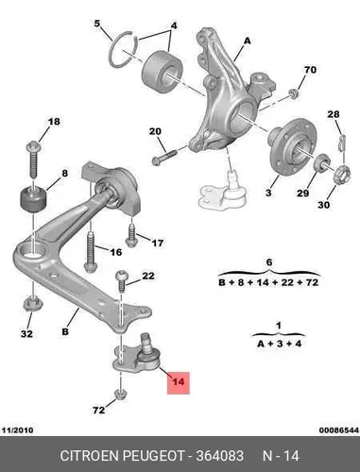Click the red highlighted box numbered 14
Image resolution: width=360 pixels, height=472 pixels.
pyautogui.click(x=179, y=382)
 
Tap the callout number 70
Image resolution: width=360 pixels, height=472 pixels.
pyautogui.click(x=310, y=70)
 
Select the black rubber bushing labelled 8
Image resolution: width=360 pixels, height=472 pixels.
pyautogui.click(x=33, y=199)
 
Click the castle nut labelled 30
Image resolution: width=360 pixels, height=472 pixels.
pyautogui.click(x=342, y=176)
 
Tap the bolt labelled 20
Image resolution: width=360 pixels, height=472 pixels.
pyautogui.click(x=163, y=157)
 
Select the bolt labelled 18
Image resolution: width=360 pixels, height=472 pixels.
pyautogui.click(x=33, y=160)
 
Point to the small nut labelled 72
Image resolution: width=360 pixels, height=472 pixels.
pyautogui.click(x=121, y=395)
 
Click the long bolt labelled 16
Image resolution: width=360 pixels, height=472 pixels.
pyautogui.click(x=91, y=251)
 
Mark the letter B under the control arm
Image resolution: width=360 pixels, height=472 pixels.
pyautogui.click(x=65, y=331)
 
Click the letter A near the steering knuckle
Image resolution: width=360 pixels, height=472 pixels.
pyautogui.click(x=248, y=41)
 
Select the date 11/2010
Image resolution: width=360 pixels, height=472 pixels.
pyautogui.click(x=18, y=430)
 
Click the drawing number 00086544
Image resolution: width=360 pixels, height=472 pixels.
pyautogui.click(x=339, y=430)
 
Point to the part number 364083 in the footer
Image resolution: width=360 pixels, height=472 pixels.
pyautogui.click(x=220, y=456)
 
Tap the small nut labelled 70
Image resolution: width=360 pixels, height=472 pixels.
pyautogui.click(x=294, y=93)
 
